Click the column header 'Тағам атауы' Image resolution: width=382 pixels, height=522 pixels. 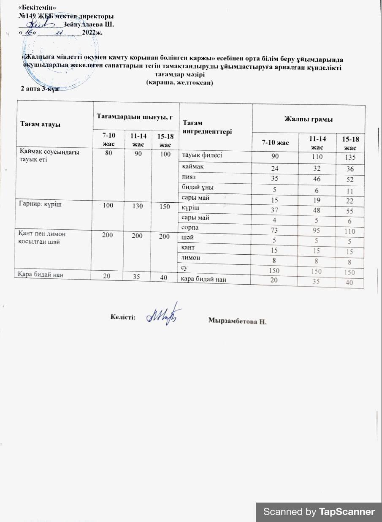point(41,125)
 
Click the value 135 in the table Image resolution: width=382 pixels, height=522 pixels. point(349,158)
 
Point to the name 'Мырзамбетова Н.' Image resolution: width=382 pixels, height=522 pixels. point(238,321)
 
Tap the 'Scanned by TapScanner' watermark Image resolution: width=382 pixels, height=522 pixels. point(319,512)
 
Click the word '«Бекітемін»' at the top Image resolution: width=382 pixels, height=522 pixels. point(37,8)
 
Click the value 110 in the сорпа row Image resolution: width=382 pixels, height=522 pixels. point(349,231)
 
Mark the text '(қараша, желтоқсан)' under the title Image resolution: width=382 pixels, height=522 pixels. point(179,82)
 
